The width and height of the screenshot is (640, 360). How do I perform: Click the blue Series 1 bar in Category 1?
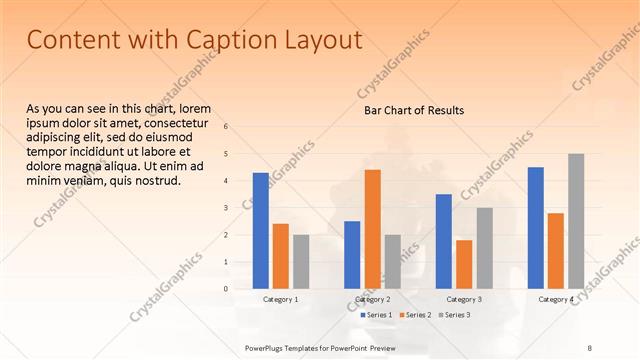pos(260,230)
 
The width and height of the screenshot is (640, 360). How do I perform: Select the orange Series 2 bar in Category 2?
pos(372,229)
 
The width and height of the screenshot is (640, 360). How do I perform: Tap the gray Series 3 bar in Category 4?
pos(576,221)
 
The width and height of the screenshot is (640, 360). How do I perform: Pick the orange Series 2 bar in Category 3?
pos(464,264)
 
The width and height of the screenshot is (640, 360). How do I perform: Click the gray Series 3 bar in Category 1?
pos(301,261)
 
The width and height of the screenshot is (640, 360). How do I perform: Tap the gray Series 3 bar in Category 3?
pos(484,248)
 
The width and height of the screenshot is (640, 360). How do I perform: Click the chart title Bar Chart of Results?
pos(413,110)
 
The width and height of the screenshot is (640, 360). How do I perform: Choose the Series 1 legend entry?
pos(375,315)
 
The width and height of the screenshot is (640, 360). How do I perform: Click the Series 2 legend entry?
pos(417,315)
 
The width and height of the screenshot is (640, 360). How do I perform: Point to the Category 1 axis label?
pos(281,299)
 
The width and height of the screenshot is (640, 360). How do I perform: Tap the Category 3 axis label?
pos(464,299)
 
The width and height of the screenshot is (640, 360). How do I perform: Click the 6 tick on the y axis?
pos(226,127)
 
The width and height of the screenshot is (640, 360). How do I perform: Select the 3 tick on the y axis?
pos(226,208)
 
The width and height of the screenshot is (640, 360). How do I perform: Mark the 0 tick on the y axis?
pos(226,289)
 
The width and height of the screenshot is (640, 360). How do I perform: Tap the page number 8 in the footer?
pos(590,347)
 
